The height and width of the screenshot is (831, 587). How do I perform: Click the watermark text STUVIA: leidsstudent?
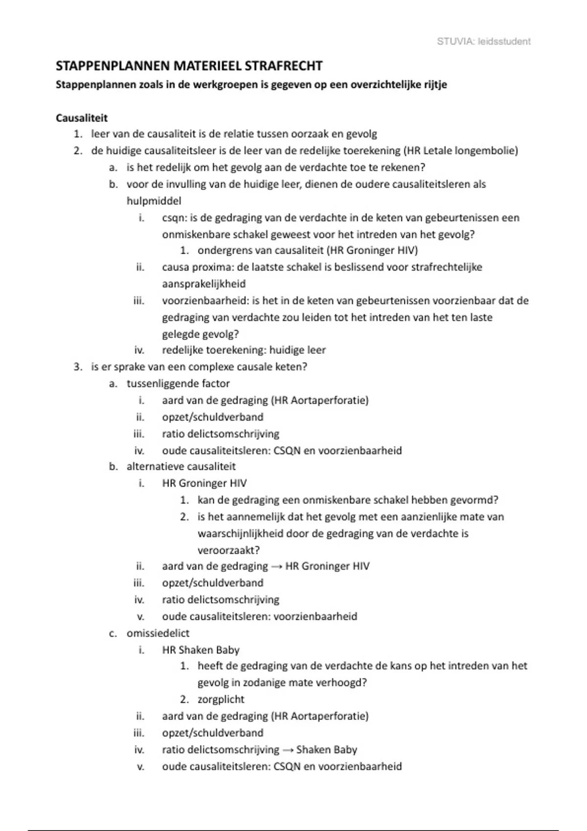coord(483,42)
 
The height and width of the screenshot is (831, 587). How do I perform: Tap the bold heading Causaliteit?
coord(82,118)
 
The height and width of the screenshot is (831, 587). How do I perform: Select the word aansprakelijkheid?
coord(204,284)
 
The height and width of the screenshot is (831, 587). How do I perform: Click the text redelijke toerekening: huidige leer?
coord(244,350)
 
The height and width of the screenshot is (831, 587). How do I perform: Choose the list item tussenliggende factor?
coord(178,384)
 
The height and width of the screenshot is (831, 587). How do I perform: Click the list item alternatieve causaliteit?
coord(181,467)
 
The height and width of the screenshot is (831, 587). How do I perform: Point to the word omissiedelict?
coord(158,633)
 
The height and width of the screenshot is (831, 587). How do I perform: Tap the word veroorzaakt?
coord(228,550)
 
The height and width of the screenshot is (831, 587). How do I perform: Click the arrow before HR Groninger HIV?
coord(276,567)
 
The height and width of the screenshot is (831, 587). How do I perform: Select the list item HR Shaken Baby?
coord(201,650)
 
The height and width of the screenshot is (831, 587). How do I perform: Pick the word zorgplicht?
coord(221,700)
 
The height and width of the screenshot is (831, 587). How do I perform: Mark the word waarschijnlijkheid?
coord(240,533)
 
